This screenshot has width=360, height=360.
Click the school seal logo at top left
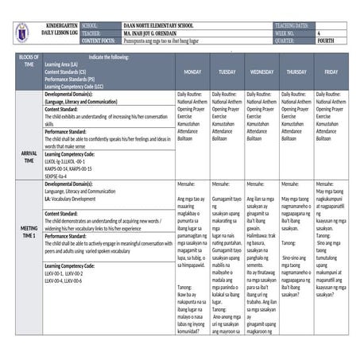(21, 33)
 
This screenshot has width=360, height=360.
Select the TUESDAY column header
(227, 72)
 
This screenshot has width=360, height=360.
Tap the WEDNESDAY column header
(261, 72)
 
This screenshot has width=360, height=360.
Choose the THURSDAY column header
(296, 72)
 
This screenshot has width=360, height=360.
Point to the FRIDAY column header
(331, 72)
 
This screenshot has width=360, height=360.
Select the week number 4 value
(319, 33)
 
